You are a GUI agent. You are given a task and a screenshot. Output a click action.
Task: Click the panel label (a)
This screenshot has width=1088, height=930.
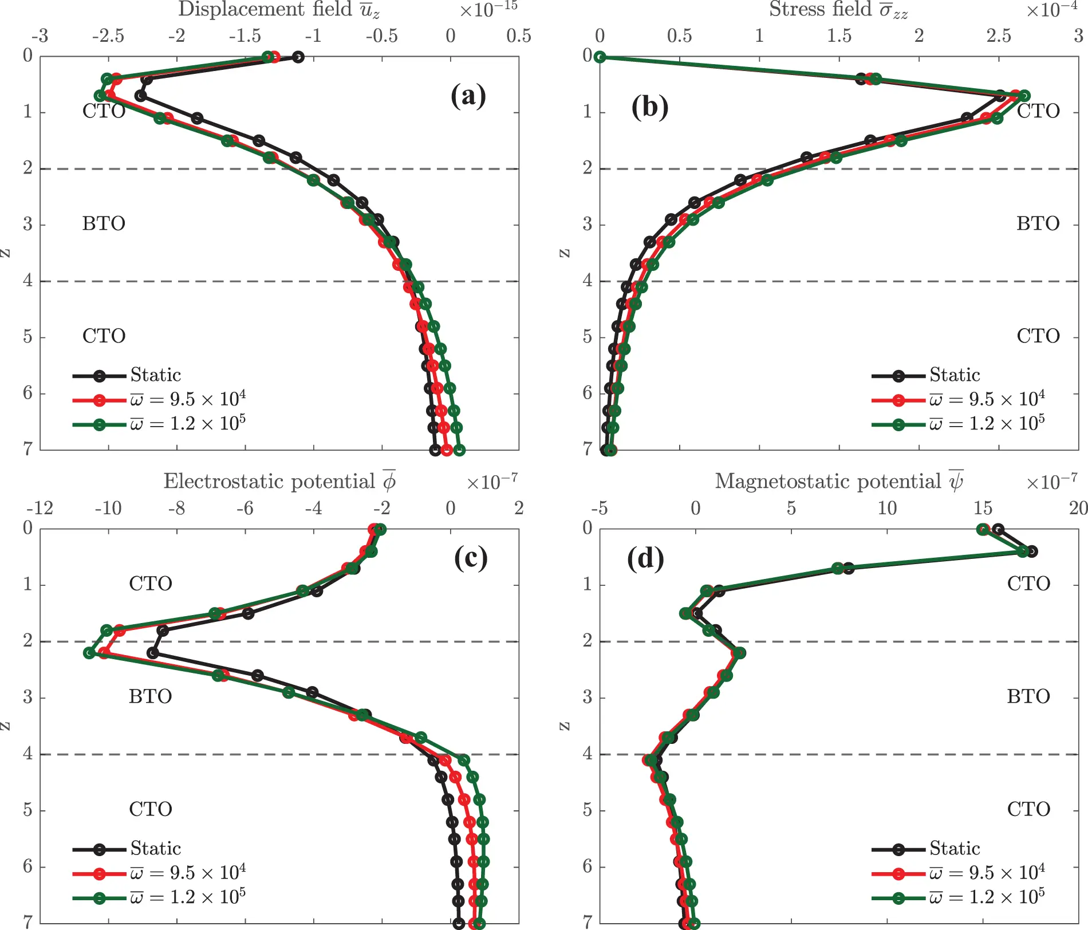click(x=468, y=96)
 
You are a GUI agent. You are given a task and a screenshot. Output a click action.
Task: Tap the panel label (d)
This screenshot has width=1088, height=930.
click(x=645, y=558)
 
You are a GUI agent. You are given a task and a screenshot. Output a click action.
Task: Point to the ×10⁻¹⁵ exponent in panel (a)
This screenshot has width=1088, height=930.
click(x=488, y=9)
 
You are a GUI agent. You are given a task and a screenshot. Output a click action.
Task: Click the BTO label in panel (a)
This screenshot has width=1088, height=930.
click(x=104, y=223)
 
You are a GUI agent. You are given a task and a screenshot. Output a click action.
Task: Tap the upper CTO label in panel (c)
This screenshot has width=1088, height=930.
click(x=150, y=584)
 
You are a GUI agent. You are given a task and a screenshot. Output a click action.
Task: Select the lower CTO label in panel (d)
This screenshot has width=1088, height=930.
click(x=1028, y=809)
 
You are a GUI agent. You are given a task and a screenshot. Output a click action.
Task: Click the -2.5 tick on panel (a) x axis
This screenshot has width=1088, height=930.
click(x=108, y=36)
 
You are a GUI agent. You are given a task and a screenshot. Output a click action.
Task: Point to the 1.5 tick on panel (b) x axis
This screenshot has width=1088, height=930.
click(x=839, y=36)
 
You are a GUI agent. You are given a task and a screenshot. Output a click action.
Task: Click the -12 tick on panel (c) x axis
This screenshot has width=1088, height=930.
click(x=40, y=509)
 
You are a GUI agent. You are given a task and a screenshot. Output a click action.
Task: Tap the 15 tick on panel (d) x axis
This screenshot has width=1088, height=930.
click(x=983, y=509)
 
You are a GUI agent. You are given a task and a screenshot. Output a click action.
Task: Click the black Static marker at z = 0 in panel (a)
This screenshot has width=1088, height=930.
click(x=298, y=57)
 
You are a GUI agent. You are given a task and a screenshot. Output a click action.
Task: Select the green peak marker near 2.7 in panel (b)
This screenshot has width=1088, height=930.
click(x=1024, y=96)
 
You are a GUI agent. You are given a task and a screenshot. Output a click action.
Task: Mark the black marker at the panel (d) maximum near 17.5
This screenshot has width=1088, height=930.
click(x=1032, y=551)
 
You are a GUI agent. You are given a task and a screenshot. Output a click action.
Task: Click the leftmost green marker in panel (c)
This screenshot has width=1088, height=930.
click(x=89, y=653)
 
